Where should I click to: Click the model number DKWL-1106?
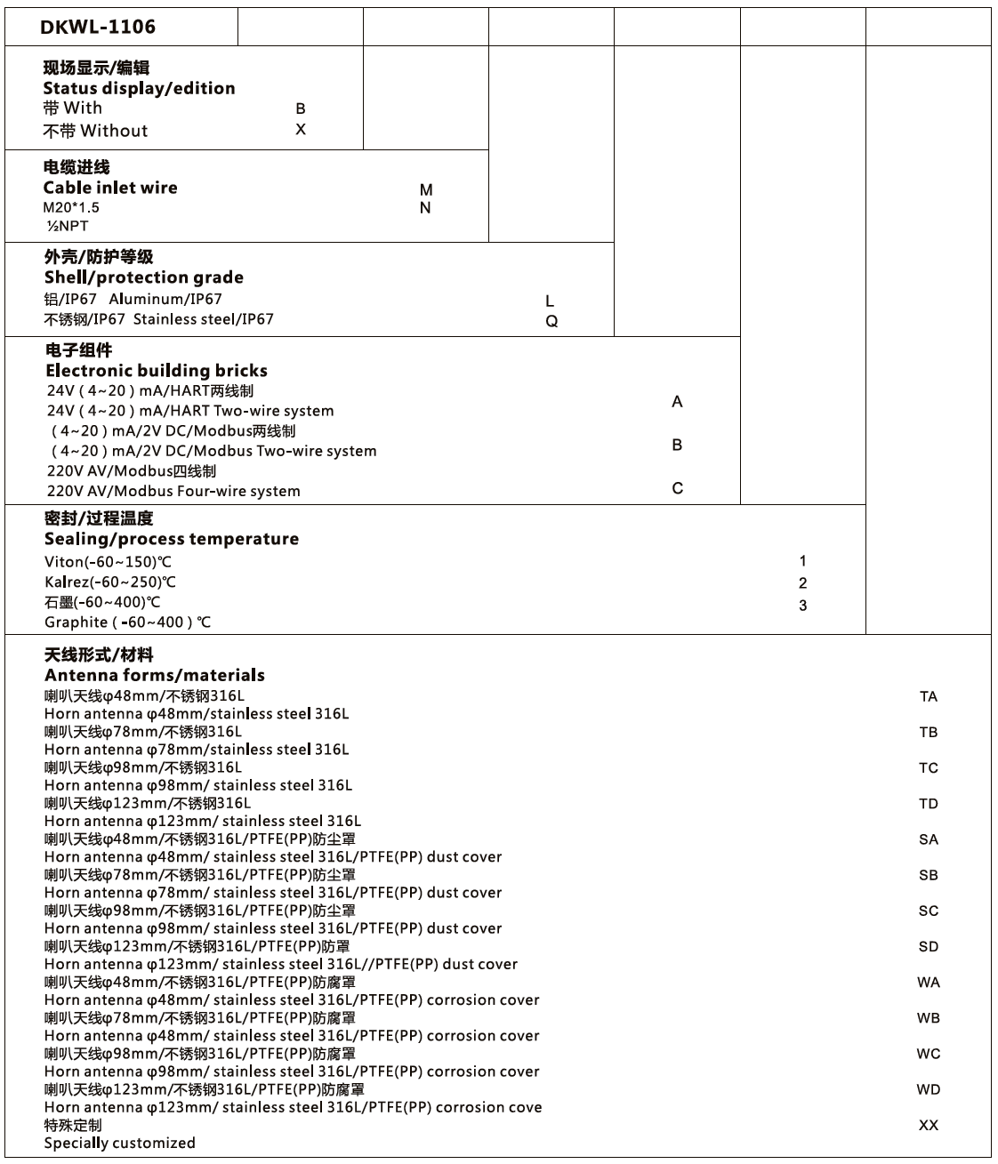click(98, 27)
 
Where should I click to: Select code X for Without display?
click(301, 130)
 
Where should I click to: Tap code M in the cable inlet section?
click(426, 189)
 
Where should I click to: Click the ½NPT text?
click(68, 226)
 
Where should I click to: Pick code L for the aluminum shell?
click(550, 301)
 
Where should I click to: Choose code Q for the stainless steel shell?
click(551, 321)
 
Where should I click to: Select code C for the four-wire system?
click(678, 488)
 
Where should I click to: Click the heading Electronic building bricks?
click(157, 371)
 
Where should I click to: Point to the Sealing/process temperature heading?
click(172, 539)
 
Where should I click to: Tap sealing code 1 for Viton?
click(803, 561)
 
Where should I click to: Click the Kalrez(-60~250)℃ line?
click(110, 582)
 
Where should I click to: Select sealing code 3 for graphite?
click(803, 606)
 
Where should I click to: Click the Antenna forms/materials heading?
click(155, 675)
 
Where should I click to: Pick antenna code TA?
click(929, 697)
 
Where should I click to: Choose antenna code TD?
click(929, 804)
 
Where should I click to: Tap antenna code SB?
click(929, 875)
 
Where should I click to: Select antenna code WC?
click(929, 1054)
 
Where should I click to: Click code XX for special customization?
click(929, 1125)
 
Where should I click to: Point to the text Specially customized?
click(120, 1144)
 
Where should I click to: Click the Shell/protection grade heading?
click(144, 277)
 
